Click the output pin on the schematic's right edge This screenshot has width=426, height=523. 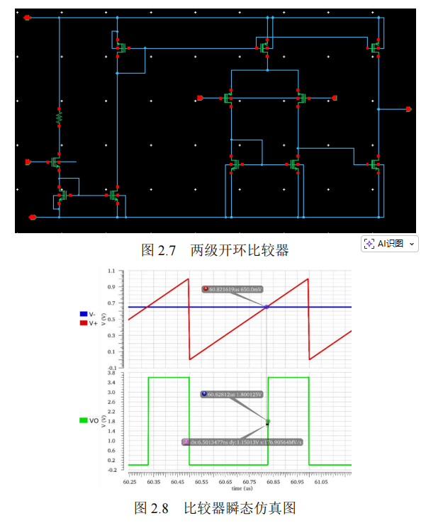pos(408,109)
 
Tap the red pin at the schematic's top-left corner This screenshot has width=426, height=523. pos(27,17)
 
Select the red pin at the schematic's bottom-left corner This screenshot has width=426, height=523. pos(31,217)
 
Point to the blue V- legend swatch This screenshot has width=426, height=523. pos(84,314)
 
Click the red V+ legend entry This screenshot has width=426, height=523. pos(88,323)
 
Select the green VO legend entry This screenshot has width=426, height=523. pos(89,420)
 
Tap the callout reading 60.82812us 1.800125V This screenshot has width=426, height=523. pos(232,394)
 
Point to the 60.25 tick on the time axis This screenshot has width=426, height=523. pos(129,481)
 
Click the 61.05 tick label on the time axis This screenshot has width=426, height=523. pos(321,481)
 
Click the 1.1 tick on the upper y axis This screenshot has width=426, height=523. pos(111,271)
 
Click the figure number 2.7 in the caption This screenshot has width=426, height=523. pos(166,249)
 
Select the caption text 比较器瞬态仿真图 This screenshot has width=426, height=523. pos(240,508)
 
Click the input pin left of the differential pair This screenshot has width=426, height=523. pos(201,98)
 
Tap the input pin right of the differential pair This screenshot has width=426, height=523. pos(334,98)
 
